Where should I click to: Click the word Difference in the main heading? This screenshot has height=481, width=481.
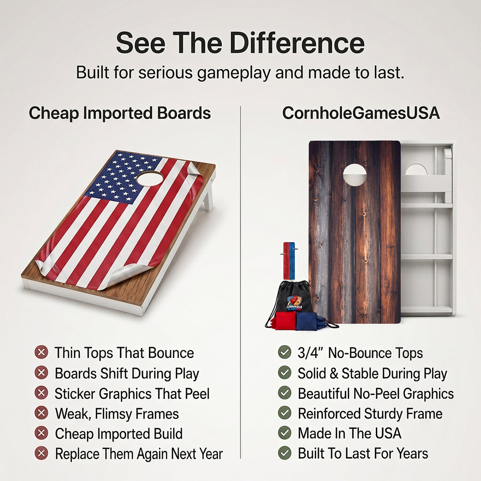click(297, 43)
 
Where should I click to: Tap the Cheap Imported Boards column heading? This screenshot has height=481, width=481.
click(120, 113)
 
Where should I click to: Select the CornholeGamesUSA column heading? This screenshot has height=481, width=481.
click(361, 113)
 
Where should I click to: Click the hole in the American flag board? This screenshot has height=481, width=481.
click(150, 178)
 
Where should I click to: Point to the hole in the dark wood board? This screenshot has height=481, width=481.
click(355, 175)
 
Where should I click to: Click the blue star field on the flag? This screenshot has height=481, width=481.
click(123, 178)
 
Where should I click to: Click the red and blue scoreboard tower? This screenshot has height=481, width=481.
click(289, 260)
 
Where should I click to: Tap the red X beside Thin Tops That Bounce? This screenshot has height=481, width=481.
click(41, 352)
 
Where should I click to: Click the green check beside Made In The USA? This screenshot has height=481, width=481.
click(285, 433)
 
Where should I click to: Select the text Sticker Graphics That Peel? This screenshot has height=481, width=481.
click(132, 394)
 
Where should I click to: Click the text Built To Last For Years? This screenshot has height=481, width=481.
click(363, 453)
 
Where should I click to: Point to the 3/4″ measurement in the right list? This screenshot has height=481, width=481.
click(311, 353)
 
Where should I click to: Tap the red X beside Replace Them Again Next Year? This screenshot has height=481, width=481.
click(41, 453)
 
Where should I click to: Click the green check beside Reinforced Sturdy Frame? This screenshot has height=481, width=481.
click(285, 413)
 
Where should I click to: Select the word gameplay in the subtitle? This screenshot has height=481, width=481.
click(234, 73)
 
